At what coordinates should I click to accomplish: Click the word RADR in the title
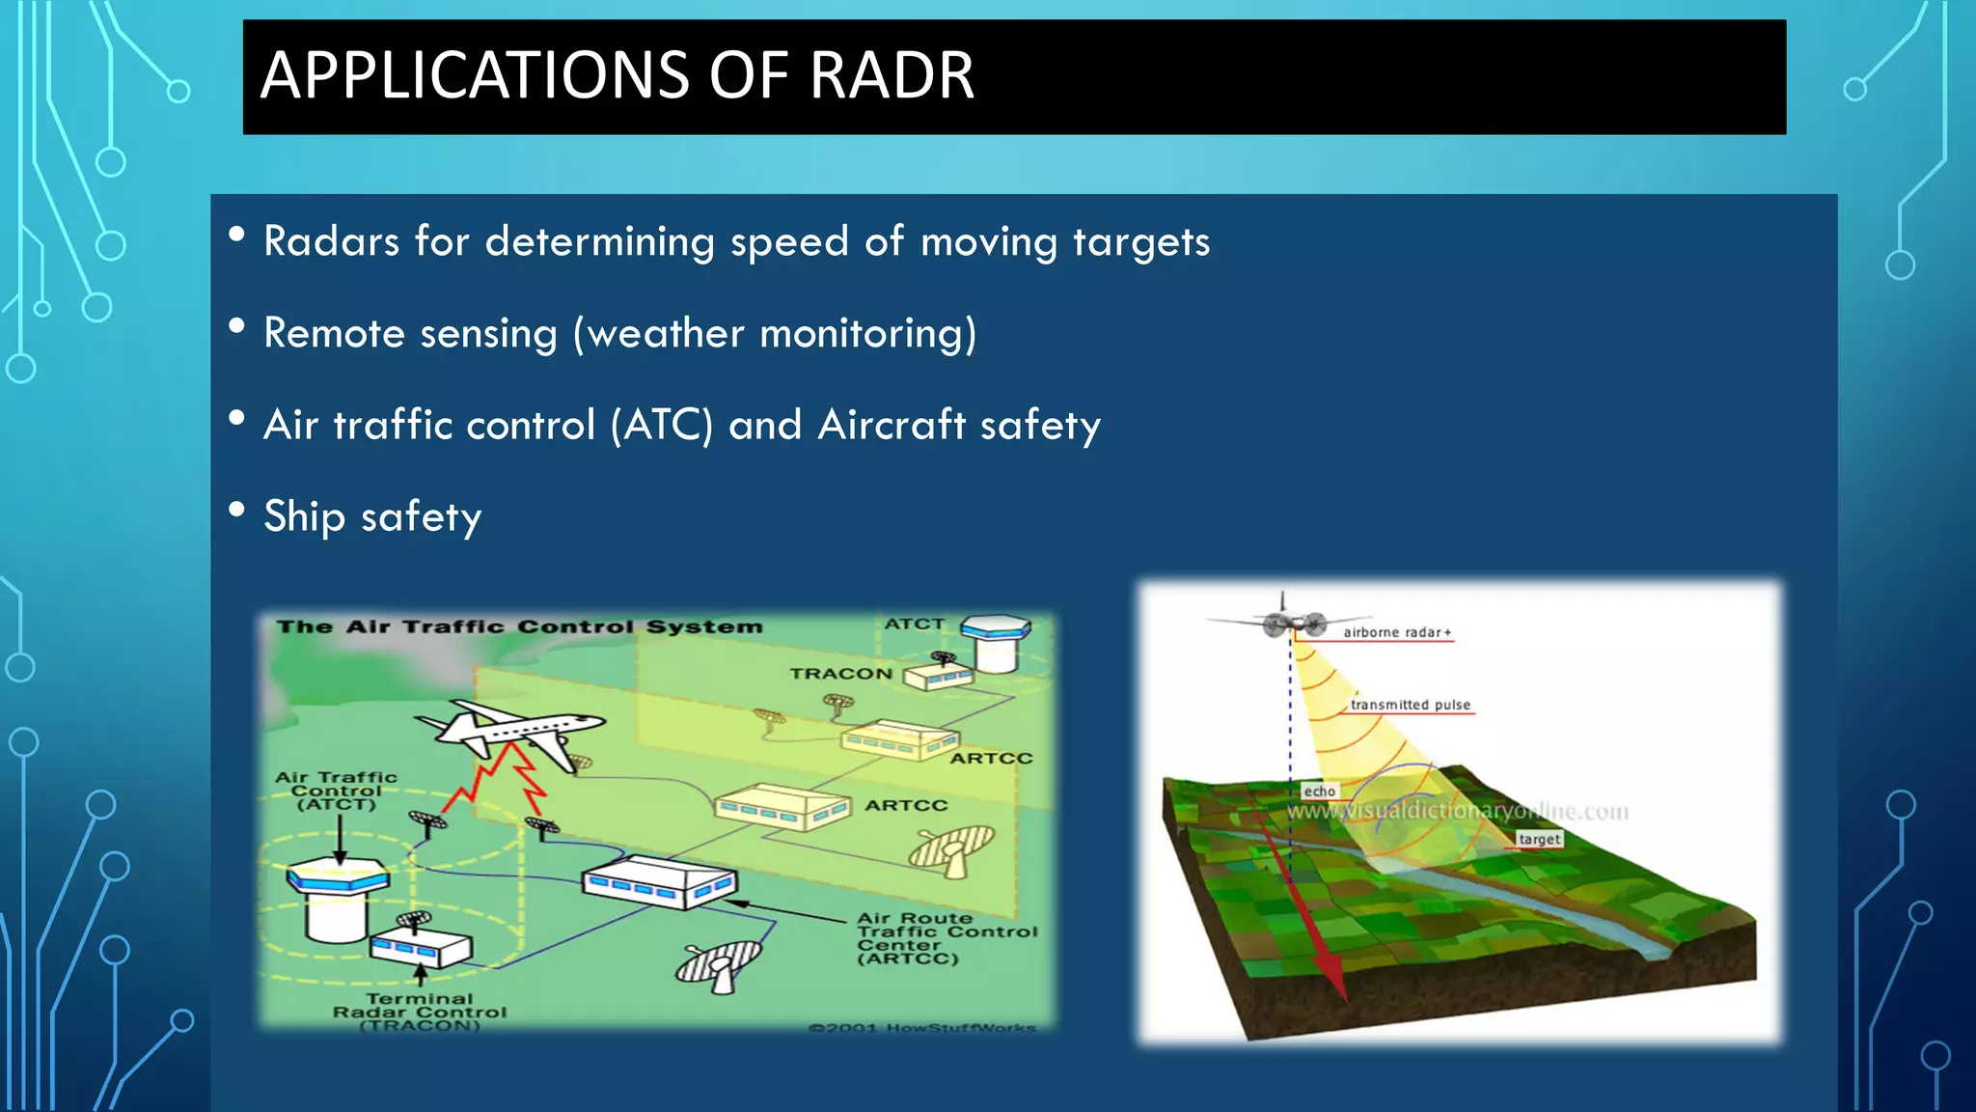click(892, 75)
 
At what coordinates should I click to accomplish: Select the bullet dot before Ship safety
click(236, 510)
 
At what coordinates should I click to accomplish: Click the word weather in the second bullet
click(666, 334)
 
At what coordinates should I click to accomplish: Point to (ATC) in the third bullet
click(662, 426)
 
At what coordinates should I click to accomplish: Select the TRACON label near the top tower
click(840, 674)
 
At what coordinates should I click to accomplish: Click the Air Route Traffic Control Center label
click(946, 938)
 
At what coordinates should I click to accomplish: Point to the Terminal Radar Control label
click(420, 1012)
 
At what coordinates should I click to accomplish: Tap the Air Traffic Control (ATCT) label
click(336, 791)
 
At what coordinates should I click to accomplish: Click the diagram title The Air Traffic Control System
click(519, 627)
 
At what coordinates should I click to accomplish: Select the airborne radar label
click(1396, 632)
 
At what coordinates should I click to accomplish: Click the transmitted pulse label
click(1410, 705)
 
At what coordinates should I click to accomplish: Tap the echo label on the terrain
click(1319, 792)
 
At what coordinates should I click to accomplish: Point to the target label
click(1538, 839)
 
